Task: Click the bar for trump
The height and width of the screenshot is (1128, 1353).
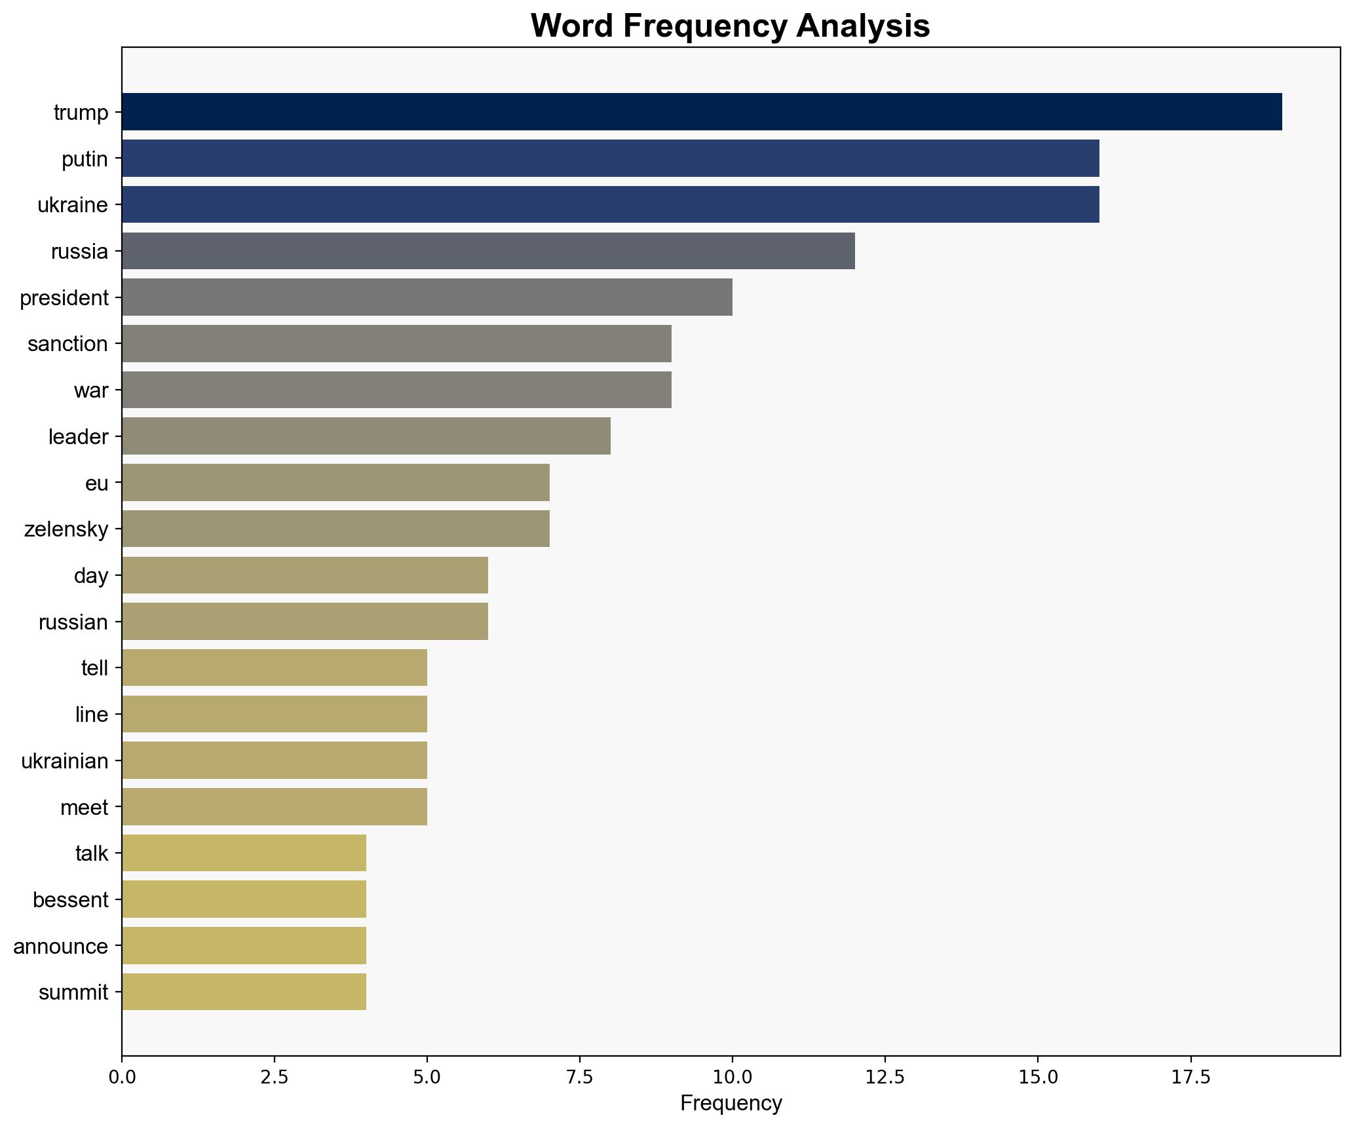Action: click(x=701, y=112)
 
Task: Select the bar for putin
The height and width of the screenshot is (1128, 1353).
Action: click(x=610, y=159)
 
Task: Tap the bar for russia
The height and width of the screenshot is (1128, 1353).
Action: click(x=488, y=251)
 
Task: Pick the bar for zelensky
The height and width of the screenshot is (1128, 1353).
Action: click(x=335, y=529)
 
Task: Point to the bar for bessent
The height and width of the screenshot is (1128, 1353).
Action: click(x=244, y=899)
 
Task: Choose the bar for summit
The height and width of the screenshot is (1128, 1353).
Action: click(x=244, y=992)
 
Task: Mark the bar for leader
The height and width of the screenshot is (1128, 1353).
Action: click(x=366, y=436)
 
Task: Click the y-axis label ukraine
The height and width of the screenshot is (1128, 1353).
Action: click(x=73, y=205)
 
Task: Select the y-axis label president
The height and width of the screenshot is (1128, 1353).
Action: click(x=64, y=298)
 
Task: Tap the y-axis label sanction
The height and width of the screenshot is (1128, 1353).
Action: click(x=67, y=344)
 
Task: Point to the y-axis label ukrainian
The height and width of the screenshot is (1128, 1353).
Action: click(x=65, y=761)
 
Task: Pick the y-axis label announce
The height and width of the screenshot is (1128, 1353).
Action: click(x=61, y=947)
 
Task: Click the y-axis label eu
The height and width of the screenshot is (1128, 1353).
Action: click(x=96, y=483)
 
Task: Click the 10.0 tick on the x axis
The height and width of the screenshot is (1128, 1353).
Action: click(x=733, y=1076)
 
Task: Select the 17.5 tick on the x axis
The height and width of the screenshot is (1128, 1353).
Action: click(x=1191, y=1076)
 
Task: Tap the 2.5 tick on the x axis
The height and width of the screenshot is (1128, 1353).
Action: click(x=275, y=1076)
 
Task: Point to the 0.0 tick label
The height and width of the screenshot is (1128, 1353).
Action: click(x=122, y=1076)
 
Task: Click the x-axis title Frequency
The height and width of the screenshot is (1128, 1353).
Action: click(x=731, y=1104)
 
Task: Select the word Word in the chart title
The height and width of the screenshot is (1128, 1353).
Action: click(x=572, y=26)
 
